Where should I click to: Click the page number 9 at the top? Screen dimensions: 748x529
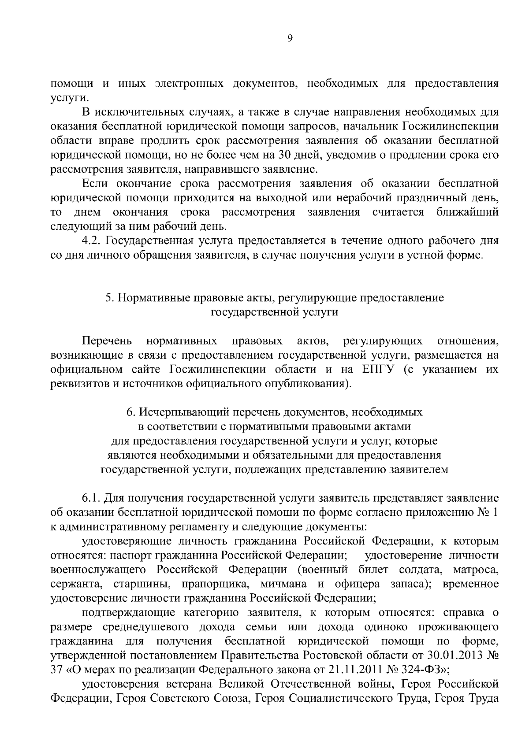coord(290,39)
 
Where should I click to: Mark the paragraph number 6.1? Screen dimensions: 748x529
coord(92,498)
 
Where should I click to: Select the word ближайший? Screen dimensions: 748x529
coord(468,212)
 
